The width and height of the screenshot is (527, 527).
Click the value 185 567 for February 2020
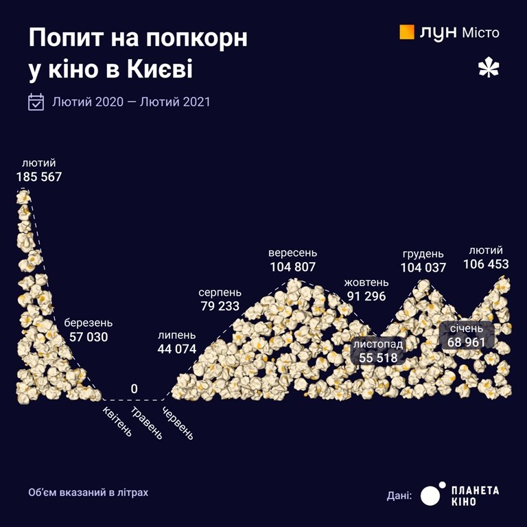click(39, 177)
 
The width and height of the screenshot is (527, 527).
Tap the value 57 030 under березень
click(89, 337)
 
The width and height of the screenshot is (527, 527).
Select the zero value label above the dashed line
click(134, 389)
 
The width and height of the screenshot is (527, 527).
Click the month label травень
click(148, 424)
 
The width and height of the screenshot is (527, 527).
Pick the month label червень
click(178, 423)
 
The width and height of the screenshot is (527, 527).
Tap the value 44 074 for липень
click(176, 349)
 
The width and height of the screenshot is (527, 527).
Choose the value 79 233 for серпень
click(220, 306)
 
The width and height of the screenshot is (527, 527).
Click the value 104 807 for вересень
click(293, 267)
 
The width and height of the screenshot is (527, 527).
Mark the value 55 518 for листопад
click(378, 358)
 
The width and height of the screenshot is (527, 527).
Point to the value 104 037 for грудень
click(423, 268)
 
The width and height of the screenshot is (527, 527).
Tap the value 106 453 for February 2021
click(486, 264)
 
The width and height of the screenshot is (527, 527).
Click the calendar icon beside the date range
click(36, 102)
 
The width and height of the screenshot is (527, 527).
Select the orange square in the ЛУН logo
click(407, 32)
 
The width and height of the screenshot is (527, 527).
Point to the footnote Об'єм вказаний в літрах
click(88, 493)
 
